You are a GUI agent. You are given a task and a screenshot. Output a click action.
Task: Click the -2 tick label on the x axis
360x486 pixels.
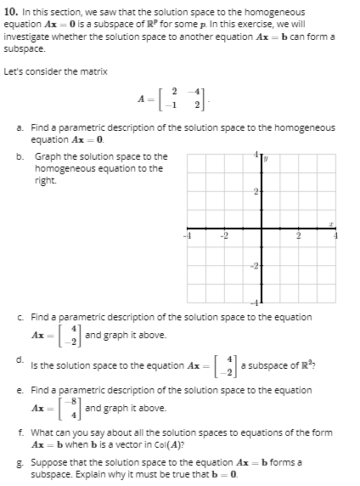tap(224, 237)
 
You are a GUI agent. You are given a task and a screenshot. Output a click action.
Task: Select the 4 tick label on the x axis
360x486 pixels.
tap(337, 237)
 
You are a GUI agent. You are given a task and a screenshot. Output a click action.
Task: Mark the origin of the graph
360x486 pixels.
tap(262, 229)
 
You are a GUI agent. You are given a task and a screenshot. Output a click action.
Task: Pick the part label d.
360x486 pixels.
tap(19, 357)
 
